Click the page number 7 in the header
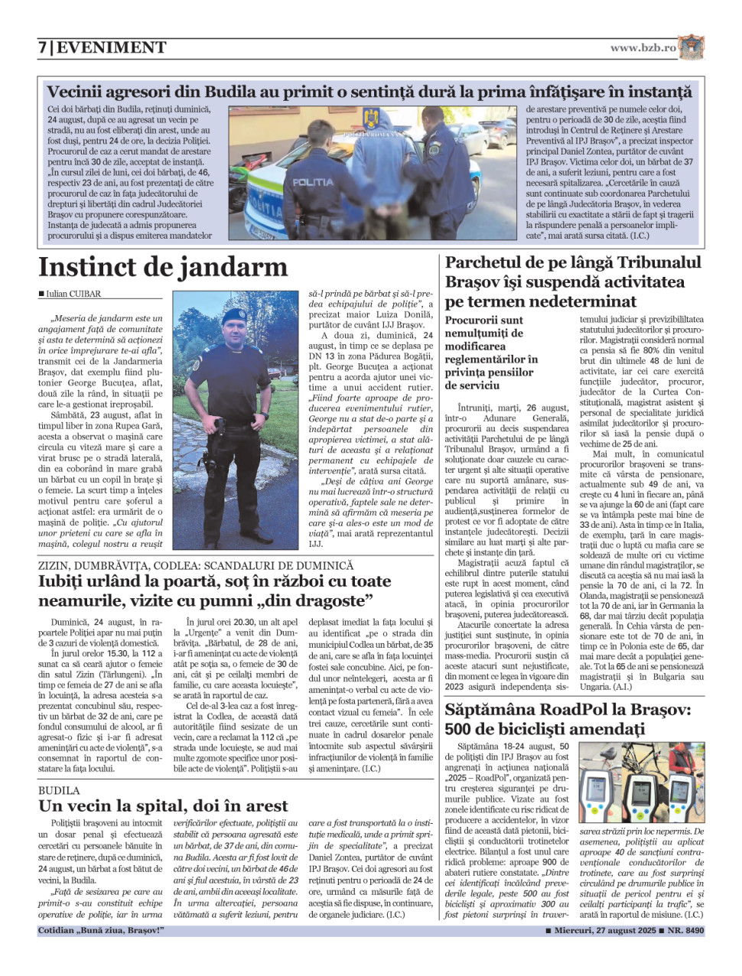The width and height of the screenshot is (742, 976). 43,48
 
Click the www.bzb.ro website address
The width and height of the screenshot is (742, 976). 643,48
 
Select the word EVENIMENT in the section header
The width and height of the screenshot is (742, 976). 112,48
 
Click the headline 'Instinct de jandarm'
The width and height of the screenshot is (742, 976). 163,267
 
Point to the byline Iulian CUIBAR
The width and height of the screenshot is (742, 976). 73,294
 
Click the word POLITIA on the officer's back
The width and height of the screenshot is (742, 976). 312,182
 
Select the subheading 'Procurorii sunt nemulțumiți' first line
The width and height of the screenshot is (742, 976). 484,320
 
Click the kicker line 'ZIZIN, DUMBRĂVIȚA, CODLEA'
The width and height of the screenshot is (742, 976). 196,565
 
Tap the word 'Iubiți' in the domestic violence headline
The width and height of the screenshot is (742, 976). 63,581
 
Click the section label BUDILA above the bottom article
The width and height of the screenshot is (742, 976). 59,790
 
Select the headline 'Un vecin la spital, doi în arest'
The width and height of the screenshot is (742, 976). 163,806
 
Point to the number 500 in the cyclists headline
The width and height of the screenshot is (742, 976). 461,728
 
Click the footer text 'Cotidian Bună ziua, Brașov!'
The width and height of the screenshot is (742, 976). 101,931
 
